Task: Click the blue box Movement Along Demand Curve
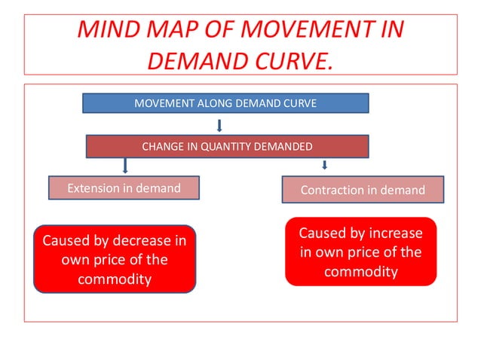[225, 103]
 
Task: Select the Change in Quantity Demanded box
[227, 146]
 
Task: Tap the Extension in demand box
[124, 188]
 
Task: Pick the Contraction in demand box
[363, 190]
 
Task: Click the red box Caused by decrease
[115, 259]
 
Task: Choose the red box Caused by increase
[360, 252]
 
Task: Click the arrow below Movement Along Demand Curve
[219, 124]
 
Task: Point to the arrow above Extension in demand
[125, 166]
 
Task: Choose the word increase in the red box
[395, 233]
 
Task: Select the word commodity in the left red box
[115, 279]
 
